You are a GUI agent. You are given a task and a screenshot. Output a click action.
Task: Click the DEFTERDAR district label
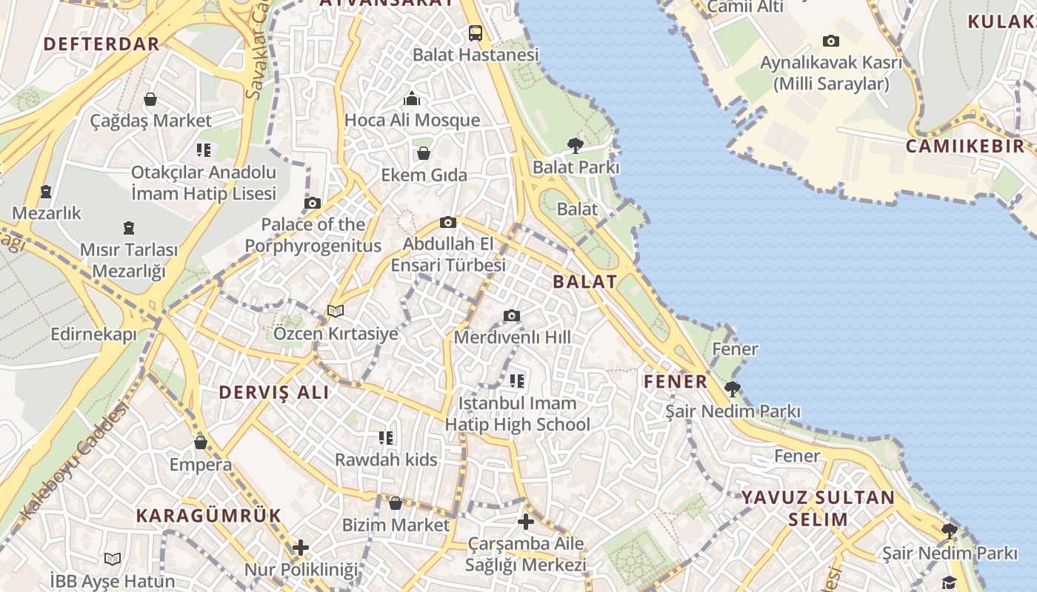click(101, 44)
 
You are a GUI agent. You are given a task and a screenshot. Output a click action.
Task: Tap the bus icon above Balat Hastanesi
click(475, 33)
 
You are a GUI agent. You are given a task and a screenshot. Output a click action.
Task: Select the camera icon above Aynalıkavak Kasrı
click(831, 41)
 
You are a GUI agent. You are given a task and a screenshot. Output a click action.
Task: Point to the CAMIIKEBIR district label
click(965, 146)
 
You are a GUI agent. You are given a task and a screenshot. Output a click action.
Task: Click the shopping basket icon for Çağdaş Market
click(150, 99)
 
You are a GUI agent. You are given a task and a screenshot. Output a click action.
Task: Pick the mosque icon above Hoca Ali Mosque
click(412, 98)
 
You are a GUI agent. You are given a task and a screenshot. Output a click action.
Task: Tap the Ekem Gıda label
click(424, 175)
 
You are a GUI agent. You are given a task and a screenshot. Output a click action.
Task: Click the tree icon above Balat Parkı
click(575, 146)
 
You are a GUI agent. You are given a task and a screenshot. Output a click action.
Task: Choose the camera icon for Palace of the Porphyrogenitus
click(313, 203)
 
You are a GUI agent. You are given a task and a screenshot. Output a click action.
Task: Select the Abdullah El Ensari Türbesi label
click(448, 254)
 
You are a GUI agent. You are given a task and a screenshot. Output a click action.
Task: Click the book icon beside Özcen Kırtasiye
click(336, 312)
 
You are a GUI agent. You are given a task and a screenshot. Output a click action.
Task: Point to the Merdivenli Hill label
click(512, 337)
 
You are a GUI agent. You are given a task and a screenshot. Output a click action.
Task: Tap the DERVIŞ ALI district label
click(274, 393)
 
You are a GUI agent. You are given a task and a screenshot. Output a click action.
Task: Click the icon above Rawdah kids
click(385, 438)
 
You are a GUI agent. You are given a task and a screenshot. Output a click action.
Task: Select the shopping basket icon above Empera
click(200, 443)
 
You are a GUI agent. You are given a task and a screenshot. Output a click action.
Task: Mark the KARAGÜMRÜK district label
click(208, 516)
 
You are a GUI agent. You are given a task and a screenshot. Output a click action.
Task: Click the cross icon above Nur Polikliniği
click(300, 548)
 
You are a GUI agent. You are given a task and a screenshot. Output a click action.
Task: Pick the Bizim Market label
click(396, 525)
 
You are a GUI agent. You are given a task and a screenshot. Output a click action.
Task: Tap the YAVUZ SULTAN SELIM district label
click(818, 508)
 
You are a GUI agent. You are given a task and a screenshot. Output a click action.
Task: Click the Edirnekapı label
click(93, 334)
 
